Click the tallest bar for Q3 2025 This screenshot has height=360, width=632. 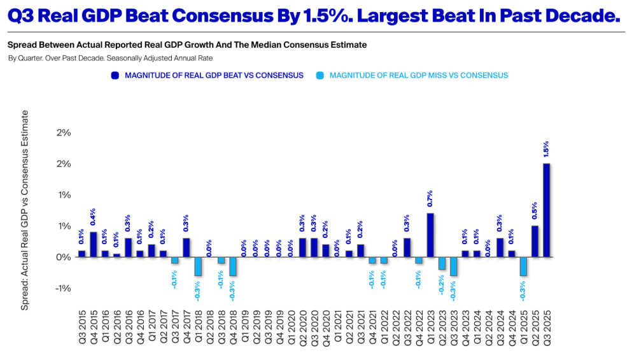[x=546, y=210]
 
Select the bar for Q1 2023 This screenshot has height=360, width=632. [x=430, y=235]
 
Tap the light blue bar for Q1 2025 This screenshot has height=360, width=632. [x=523, y=267]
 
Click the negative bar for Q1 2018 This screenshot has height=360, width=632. [x=198, y=267]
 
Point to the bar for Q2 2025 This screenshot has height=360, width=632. [x=535, y=241]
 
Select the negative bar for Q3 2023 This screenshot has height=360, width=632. [x=454, y=267]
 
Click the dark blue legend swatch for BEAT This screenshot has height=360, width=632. [x=115, y=75]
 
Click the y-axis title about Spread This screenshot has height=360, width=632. [x=25, y=210]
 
